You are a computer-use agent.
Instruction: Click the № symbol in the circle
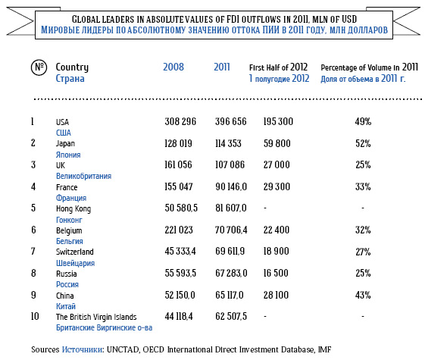[x=39, y=67]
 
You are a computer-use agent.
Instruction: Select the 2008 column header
[x=173, y=67]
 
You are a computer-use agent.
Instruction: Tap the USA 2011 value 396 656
[x=231, y=121]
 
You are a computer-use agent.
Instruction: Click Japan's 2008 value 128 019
[x=178, y=143]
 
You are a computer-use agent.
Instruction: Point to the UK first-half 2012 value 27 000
[x=277, y=164]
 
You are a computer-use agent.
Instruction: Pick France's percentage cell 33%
[x=363, y=186]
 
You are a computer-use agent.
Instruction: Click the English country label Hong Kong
[x=73, y=208]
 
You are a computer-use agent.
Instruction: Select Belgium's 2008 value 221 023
[x=179, y=230]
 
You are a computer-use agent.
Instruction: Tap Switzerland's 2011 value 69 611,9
[x=230, y=252]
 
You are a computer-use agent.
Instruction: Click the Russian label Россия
[x=67, y=284]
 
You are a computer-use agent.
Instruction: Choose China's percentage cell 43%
[x=363, y=295]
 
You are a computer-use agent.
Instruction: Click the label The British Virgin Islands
[x=96, y=317]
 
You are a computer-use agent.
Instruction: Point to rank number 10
[x=35, y=316]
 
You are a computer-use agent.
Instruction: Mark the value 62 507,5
[x=231, y=316]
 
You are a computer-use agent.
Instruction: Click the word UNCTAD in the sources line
[x=123, y=349]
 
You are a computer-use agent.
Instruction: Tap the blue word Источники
[x=83, y=349]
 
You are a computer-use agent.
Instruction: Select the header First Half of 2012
[x=278, y=67]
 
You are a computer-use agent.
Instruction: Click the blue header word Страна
[x=70, y=79]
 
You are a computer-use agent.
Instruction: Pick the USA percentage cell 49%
[x=363, y=121]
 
